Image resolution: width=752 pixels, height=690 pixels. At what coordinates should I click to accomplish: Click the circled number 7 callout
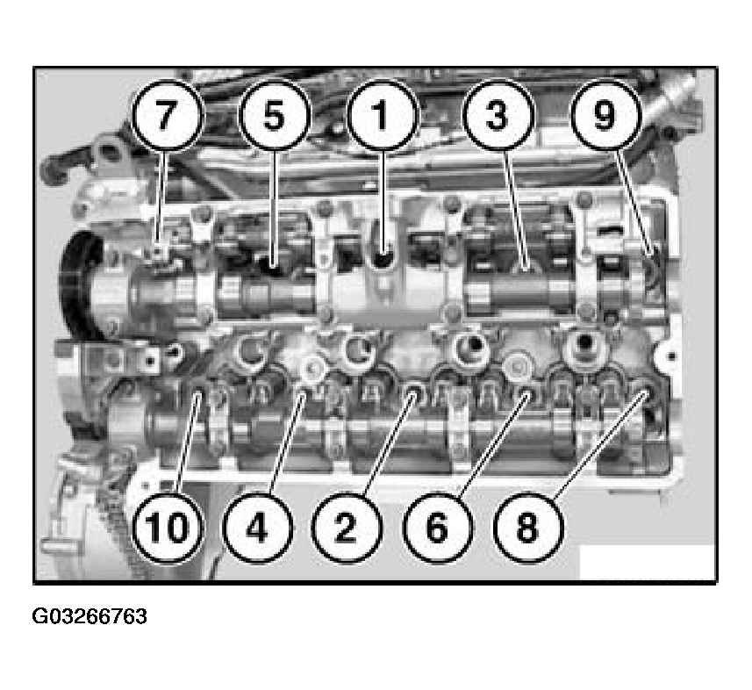tap(166, 116)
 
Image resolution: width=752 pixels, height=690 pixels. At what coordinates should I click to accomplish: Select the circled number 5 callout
tap(275, 116)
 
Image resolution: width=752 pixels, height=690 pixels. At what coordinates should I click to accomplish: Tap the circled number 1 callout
tap(383, 116)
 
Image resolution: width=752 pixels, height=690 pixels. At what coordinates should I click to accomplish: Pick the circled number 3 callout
tap(498, 116)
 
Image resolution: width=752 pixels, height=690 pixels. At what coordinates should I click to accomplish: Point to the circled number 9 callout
tap(605, 116)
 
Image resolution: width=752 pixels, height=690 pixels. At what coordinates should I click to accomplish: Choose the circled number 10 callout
tap(168, 528)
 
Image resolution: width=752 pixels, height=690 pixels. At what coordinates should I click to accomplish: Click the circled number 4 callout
tap(257, 528)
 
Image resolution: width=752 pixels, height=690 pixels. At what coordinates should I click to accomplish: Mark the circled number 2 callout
tap(347, 528)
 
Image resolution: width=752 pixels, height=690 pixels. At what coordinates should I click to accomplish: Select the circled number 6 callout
tap(438, 528)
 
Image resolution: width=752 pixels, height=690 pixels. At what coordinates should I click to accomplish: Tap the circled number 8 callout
tap(527, 528)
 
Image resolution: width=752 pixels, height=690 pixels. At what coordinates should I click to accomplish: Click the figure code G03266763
tap(90, 616)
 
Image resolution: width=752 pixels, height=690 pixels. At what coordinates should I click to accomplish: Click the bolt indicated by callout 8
tap(642, 394)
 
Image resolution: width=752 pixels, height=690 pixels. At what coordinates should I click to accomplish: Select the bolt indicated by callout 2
tap(413, 392)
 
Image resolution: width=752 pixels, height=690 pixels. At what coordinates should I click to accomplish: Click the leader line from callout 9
tap(633, 200)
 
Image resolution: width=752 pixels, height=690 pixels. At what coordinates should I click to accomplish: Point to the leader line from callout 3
tap(517, 209)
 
